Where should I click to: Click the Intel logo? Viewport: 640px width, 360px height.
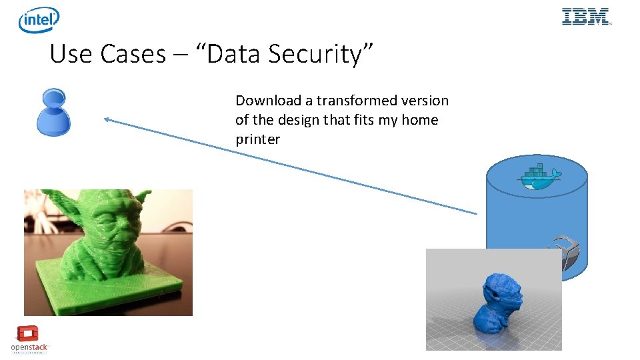tap(39, 20)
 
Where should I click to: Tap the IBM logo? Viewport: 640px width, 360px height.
tap(586, 17)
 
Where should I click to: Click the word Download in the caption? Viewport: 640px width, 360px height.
tap(269, 101)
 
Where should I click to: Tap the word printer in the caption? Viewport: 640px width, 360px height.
tap(257, 139)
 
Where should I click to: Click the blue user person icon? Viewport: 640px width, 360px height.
tap(53, 113)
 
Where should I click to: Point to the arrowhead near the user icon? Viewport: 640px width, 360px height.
tap(107, 120)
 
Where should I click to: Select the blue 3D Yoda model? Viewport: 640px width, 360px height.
tap(497, 303)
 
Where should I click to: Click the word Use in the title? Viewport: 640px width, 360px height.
tap(71, 54)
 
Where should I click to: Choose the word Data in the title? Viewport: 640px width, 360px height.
tap(235, 54)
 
